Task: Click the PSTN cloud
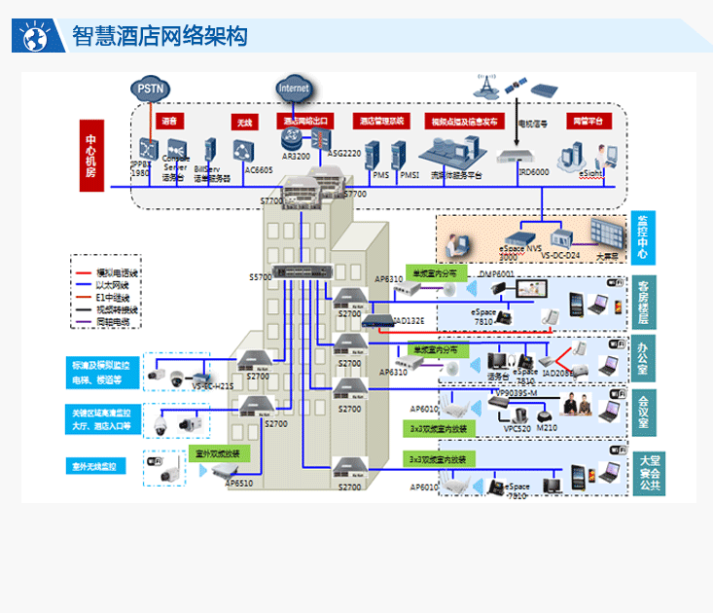coord(151,89)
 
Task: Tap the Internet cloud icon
coord(294,89)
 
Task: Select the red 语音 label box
coord(170,122)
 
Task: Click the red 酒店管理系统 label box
coord(382,122)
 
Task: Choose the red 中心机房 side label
coord(90,157)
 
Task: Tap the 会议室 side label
coord(643,412)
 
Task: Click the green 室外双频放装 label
coord(217,453)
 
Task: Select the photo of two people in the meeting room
coord(580,408)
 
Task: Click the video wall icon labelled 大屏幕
coord(605,234)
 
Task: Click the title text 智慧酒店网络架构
coord(160,37)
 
